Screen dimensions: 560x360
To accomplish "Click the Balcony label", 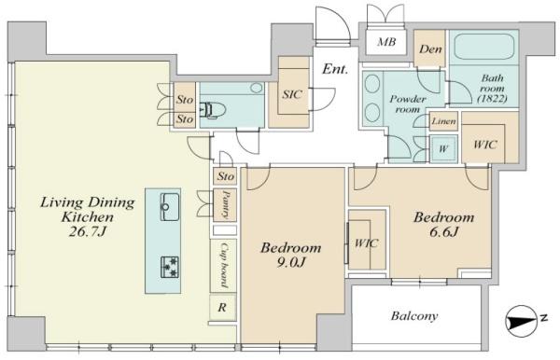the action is (x=414, y=316).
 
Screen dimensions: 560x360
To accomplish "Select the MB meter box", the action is (x=386, y=42).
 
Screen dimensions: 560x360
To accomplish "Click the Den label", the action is (x=430, y=49).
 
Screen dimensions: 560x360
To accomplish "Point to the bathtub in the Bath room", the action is (x=483, y=47).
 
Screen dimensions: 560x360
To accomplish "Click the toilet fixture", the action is (x=213, y=110).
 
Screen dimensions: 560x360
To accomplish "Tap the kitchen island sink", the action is (x=170, y=207).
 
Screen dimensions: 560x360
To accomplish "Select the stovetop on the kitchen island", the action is (x=170, y=267).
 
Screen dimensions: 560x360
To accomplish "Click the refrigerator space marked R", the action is (x=222, y=307).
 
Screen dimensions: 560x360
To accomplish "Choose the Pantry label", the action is (x=225, y=204).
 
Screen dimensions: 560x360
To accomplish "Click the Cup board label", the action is (x=224, y=265).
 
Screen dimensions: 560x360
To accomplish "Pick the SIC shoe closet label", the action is (x=292, y=94).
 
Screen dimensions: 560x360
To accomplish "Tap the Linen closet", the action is (x=443, y=121).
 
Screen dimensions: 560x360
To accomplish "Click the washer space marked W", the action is (x=443, y=149).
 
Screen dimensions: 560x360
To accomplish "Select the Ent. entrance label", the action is (x=335, y=69).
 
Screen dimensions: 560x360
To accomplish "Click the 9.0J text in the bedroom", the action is (x=290, y=263).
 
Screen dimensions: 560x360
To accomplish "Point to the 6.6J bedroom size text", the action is (x=443, y=232).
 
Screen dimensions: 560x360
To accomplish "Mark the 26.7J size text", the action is (x=88, y=232).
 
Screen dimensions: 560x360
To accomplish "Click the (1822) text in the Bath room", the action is (x=492, y=99).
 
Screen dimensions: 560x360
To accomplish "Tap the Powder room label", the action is (x=408, y=104).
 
